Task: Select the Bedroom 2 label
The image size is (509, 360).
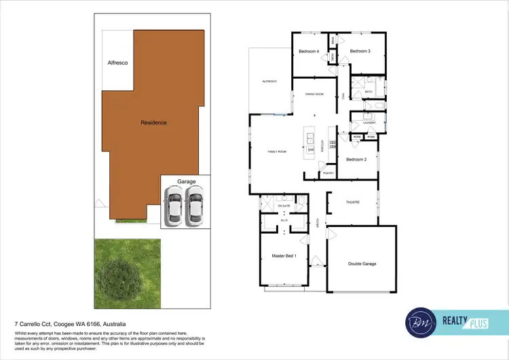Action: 356,160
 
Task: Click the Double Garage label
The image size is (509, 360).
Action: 362,264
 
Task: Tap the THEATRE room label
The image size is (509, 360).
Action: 352,202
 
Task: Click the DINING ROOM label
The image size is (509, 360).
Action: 314,94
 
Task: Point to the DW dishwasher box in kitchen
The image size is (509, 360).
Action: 311,149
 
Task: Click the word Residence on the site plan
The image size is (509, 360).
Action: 153,123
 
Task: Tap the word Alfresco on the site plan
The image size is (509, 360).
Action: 118,62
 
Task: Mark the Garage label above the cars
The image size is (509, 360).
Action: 187,182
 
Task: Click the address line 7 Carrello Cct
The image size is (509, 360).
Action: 71,325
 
